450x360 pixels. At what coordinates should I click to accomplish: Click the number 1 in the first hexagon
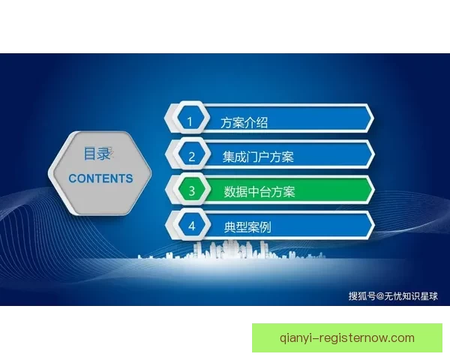pos(190,121)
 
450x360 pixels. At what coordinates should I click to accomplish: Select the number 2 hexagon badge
pos(191,156)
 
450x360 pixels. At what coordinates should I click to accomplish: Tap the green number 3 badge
pos(191,190)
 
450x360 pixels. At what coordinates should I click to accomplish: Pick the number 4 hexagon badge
pos(191,225)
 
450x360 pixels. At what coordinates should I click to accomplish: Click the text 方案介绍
pos(244,121)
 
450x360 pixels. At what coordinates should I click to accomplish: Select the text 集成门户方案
pos(258,157)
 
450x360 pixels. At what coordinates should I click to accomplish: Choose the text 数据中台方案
pos(259,191)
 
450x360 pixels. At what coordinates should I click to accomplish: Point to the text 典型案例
pos(247,226)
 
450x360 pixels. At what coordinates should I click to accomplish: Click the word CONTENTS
pos(100,178)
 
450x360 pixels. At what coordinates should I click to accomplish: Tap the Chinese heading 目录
pos(97,154)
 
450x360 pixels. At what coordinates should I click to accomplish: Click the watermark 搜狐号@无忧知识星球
pos(392,295)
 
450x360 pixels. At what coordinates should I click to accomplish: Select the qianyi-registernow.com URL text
pos(346,337)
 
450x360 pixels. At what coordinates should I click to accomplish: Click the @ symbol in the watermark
pos(379,295)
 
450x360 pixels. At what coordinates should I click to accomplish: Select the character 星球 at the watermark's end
pos(427,295)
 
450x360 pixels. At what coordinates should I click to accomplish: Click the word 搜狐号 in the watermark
pos(361,295)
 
